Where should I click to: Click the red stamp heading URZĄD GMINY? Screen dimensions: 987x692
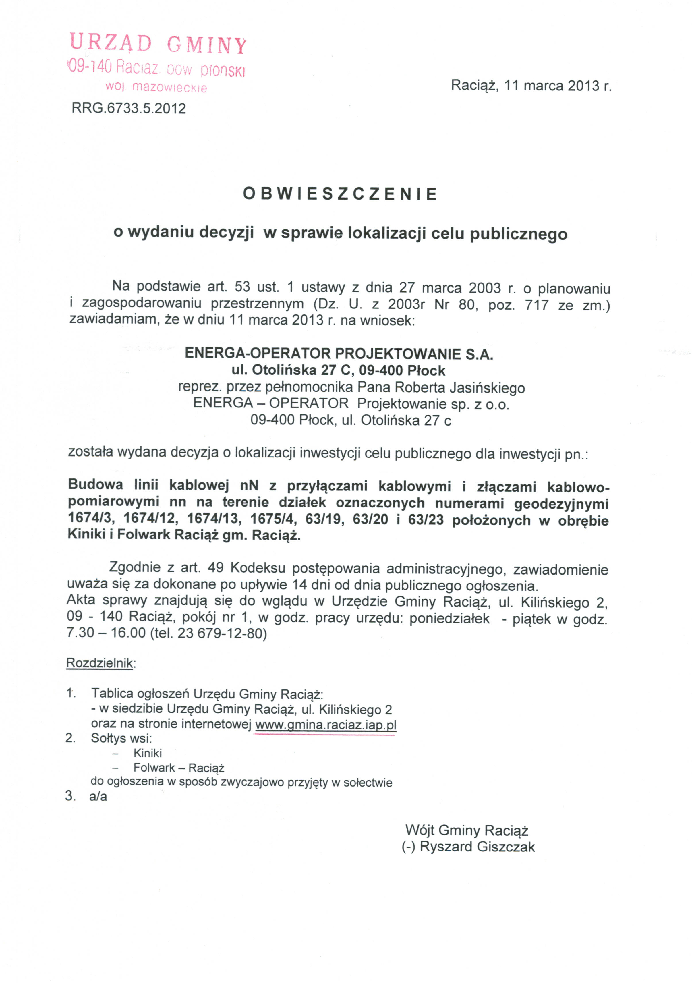click(x=158, y=44)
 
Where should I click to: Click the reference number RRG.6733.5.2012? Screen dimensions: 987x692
click(x=129, y=108)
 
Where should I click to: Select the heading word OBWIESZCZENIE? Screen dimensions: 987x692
click(x=340, y=194)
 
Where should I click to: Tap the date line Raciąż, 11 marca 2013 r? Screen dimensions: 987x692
click(x=531, y=86)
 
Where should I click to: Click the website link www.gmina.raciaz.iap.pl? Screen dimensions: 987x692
click(x=325, y=725)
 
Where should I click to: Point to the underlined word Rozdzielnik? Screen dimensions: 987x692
click(x=100, y=663)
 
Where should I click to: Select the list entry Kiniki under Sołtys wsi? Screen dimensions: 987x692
click(x=147, y=753)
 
